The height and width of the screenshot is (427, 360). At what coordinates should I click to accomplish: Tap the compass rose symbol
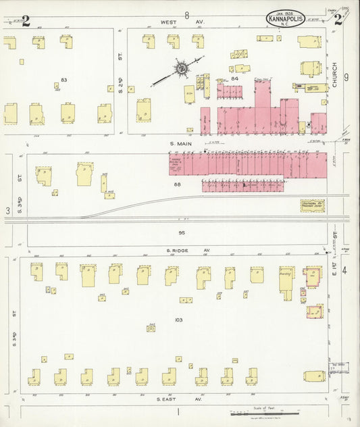click(x=180, y=69)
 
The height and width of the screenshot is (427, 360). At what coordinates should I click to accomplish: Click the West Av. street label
click(x=172, y=22)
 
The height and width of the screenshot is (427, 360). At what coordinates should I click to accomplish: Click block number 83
click(x=64, y=80)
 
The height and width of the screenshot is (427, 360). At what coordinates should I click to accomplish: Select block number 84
click(x=234, y=79)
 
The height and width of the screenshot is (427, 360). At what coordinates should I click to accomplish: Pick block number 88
click(x=178, y=184)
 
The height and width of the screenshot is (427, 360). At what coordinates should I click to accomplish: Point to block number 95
click(x=180, y=233)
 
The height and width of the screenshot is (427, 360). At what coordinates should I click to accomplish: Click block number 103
click(x=178, y=320)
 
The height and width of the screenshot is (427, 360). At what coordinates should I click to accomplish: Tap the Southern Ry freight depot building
click(x=312, y=205)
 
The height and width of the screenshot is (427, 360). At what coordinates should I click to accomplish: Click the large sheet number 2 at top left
click(x=26, y=20)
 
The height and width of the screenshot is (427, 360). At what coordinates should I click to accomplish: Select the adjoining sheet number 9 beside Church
click(x=346, y=78)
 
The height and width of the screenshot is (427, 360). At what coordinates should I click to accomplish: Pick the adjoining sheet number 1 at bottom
click(x=179, y=411)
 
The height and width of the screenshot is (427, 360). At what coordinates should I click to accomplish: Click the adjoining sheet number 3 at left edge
click(x=8, y=211)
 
